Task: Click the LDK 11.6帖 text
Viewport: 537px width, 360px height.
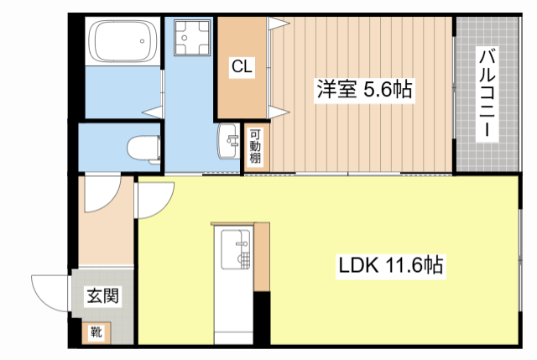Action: tap(390, 267)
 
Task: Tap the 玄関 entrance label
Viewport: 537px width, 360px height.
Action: tap(102, 295)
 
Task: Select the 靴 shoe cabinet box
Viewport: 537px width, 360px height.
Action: tap(96, 332)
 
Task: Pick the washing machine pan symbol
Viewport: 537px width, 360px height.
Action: tap(187, 38)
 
